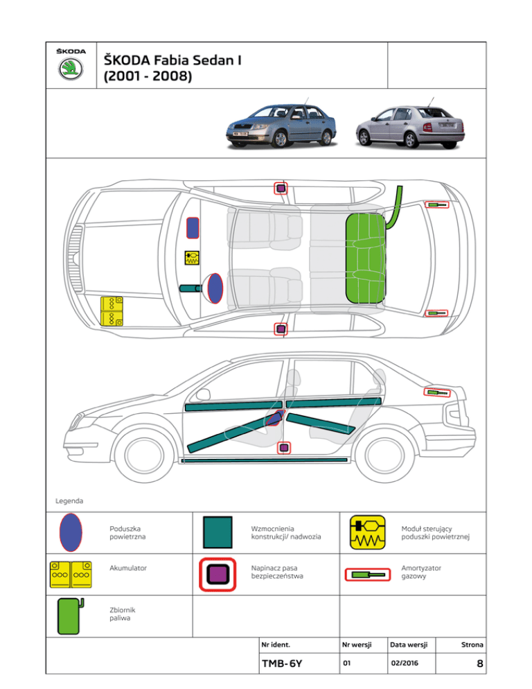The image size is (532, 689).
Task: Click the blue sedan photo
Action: click(284, 123)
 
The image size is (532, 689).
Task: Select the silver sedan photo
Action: click(409, 123)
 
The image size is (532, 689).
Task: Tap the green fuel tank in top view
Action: click(366, 257)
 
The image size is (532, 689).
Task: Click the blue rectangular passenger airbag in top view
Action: click(193, 227)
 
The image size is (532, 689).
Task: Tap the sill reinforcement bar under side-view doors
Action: click(263, 460)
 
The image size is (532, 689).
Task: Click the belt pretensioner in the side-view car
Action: click(282, 447)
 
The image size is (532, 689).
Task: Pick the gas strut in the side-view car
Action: click(436, 393)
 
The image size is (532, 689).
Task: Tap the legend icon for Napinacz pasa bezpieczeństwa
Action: click(218, 573)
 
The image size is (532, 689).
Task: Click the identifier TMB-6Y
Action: click(282, 663)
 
